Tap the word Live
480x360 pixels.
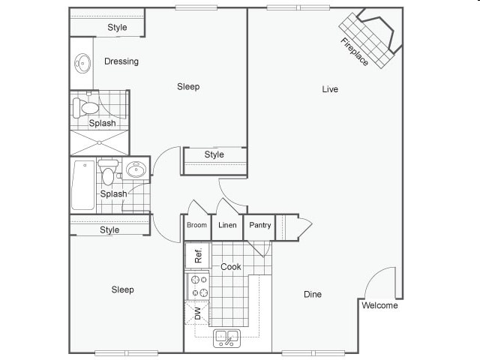click(x=330, y=89)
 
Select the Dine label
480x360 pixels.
click(x=313, y=295)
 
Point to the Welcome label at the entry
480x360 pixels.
click(x=379, y=306)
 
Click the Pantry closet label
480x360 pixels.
click(x=259, y=225)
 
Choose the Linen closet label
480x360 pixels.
click(x=227, y=225)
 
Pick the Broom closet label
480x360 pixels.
click(x=196, y=225)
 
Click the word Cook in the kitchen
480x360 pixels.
click(x=230, y=267)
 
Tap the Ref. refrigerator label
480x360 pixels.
click(x=198, y=255)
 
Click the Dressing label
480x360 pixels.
click(x=121, y=61)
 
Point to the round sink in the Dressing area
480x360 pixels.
click(x=82, y=62)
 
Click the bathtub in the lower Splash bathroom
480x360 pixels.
click(x=83, y=184)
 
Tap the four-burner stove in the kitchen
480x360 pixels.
click(x=199, y=286)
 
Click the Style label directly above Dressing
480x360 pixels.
click(x=117, y=28)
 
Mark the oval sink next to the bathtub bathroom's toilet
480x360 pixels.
click(x=136, y=169)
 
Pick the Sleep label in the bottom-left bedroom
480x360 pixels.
click(x=123, y=289)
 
